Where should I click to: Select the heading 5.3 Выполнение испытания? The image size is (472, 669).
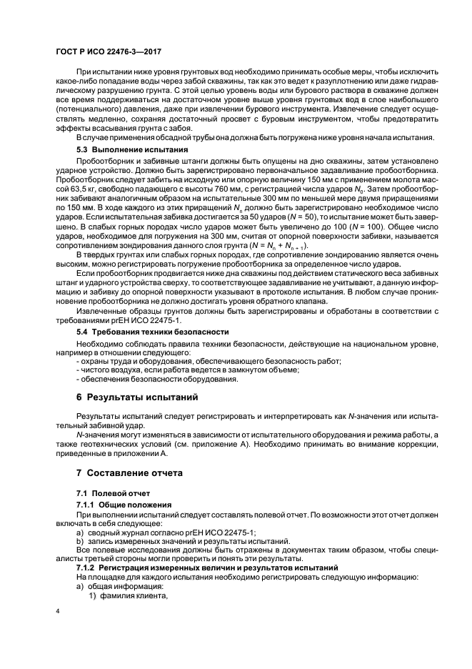pos(131,151)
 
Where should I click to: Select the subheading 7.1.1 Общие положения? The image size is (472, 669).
pos(121,504)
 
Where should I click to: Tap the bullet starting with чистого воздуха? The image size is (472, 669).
pos(186,370)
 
